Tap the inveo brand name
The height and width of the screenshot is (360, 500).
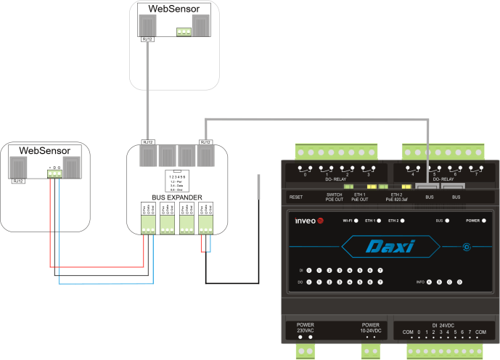click(x=308, y=220)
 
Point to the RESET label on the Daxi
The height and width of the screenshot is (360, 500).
click(x=295, y=197)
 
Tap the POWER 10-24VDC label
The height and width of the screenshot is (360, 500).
click(x=370, y=328)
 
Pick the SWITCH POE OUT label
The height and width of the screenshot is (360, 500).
click(x=335, y=197)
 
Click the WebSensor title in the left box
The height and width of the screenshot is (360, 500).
click(x=45, y=150)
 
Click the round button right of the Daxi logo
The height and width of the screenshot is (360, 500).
click(x=467, y=247)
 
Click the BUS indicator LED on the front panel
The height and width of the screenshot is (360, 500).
click(x=448, y=220)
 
